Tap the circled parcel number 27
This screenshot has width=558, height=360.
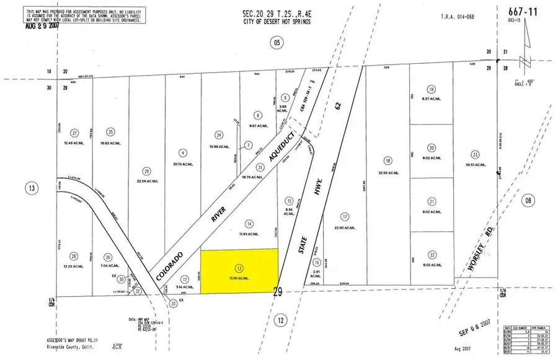75,133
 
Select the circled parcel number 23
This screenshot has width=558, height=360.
475,154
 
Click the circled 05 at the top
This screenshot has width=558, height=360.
276,42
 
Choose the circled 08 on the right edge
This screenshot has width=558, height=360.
527,200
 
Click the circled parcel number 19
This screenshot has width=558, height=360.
431,89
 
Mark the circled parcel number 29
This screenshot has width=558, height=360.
146,172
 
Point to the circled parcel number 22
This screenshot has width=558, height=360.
431,254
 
